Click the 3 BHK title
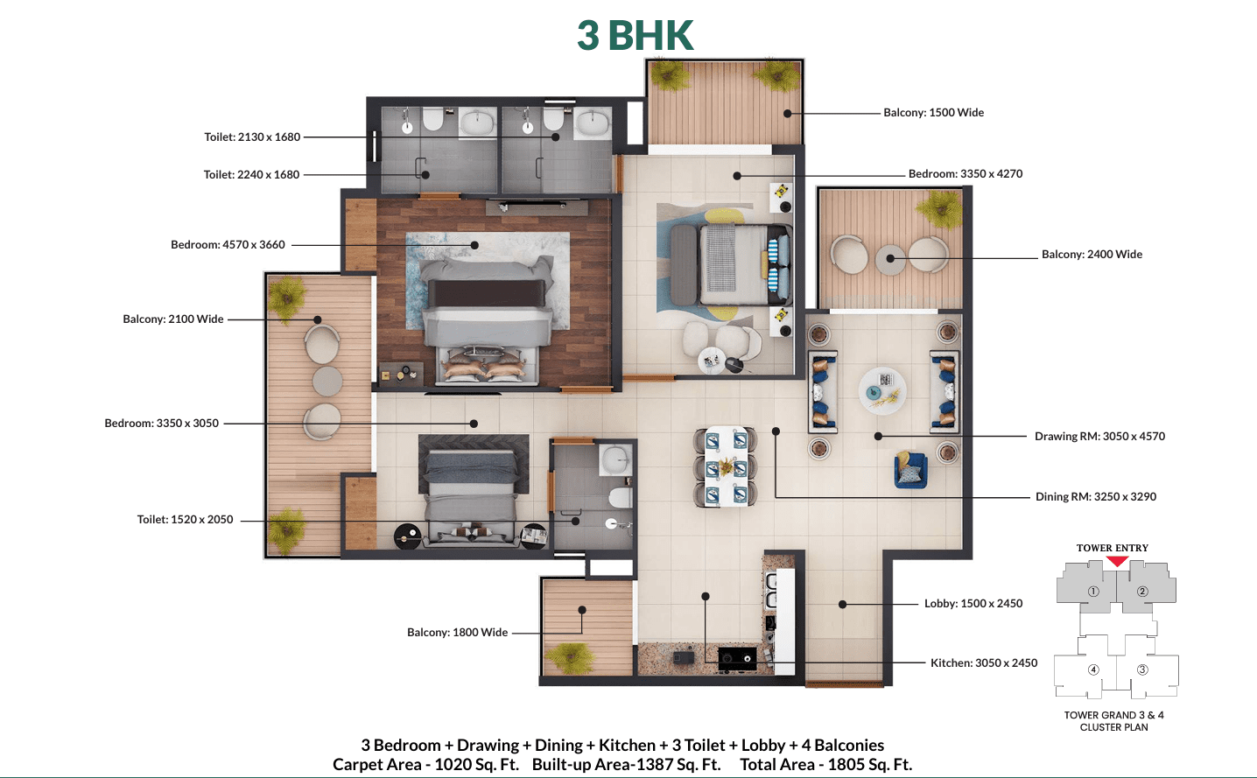[x=636, y=35]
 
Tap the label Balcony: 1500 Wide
[x=933, y=113]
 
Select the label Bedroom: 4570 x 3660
[x=228, y=244]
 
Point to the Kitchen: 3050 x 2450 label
[x=984, y=663]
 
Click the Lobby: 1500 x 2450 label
[x=973, y=604]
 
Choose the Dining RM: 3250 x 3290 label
[x=1096, y=496]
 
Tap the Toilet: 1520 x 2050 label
[x=186, y=520]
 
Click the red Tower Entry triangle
[x=1117, y=561]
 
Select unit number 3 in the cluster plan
[x=1142, y=669]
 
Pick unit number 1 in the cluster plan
[x=1093, y=592]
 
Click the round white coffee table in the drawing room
[x=882, y=391]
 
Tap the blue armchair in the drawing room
[x=910, y=470]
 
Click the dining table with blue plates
[x=726, y=466]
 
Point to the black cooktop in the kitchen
[x=737, y=659]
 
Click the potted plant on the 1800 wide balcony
[x=570, y=658]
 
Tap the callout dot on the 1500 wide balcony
[x=787, y=113]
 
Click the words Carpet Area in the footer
[x=376, y=765]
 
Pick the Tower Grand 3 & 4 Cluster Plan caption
[x=1114, y=721]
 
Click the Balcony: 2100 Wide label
[x=173, y=319]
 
